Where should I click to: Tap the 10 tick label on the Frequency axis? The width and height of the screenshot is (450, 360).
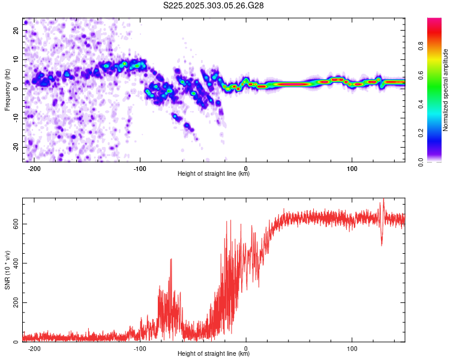(16, 60)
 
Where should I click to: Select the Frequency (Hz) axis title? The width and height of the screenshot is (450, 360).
(7, 89)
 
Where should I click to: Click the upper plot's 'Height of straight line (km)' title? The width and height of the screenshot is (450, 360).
(214, 174)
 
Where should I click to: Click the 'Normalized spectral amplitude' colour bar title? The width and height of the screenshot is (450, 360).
(446, 89)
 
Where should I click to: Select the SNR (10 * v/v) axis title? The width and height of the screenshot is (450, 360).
(7, 270)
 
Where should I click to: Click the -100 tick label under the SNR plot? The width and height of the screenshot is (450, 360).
(139, 348)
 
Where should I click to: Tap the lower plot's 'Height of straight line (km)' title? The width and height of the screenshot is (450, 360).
(214, 354)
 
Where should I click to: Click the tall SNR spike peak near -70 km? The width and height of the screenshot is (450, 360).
(171, 259)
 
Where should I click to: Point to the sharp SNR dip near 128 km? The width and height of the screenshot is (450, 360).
(382, 245)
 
